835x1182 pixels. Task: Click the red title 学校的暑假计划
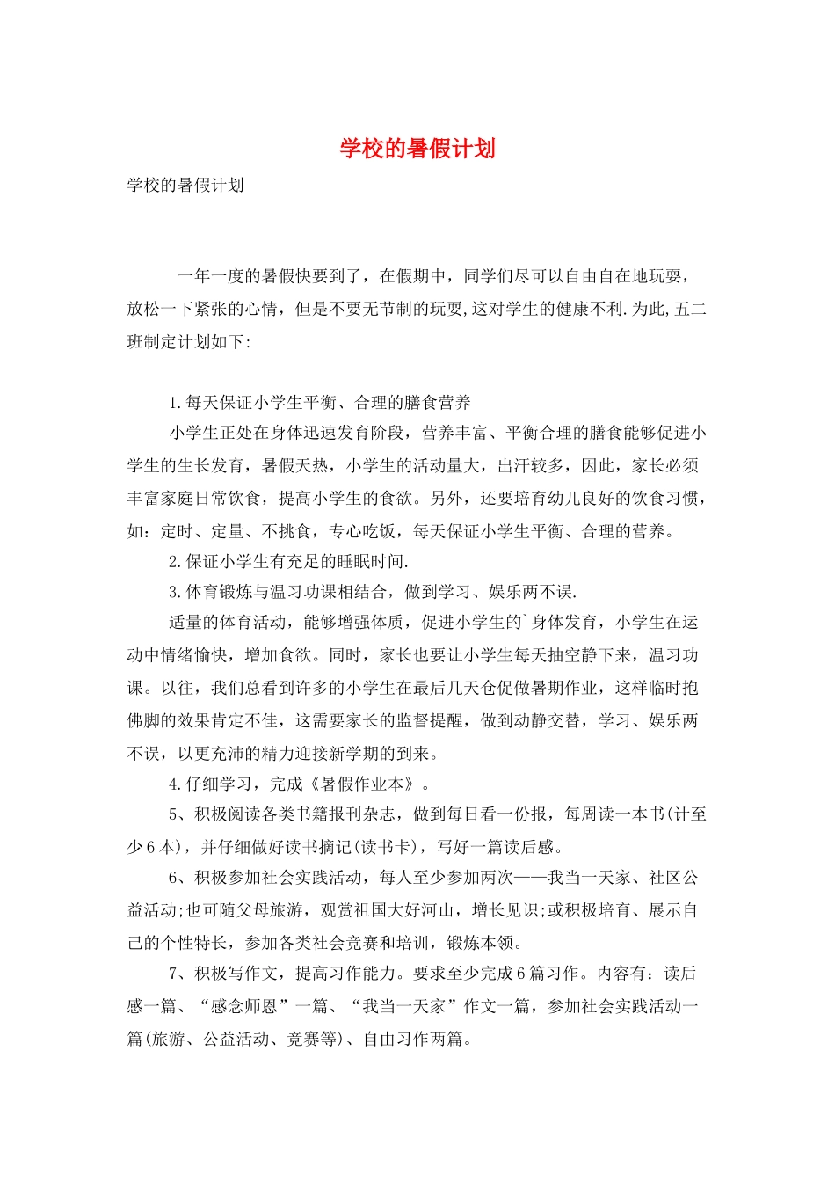[x=417, y=149]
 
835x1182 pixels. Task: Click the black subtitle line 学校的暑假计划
[x=185, y=186]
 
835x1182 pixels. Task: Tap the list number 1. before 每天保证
[x=176, y=403]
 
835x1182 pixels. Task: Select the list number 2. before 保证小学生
[x=176, y=561]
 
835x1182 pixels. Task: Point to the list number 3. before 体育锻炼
[x=176, y=592]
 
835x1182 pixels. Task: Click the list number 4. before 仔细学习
[x=176, y=784]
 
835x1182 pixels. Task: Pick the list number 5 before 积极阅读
[x=174, y=814]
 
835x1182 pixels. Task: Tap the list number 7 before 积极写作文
[x=174, y=974]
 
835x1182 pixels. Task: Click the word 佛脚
[x=144, y=721]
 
